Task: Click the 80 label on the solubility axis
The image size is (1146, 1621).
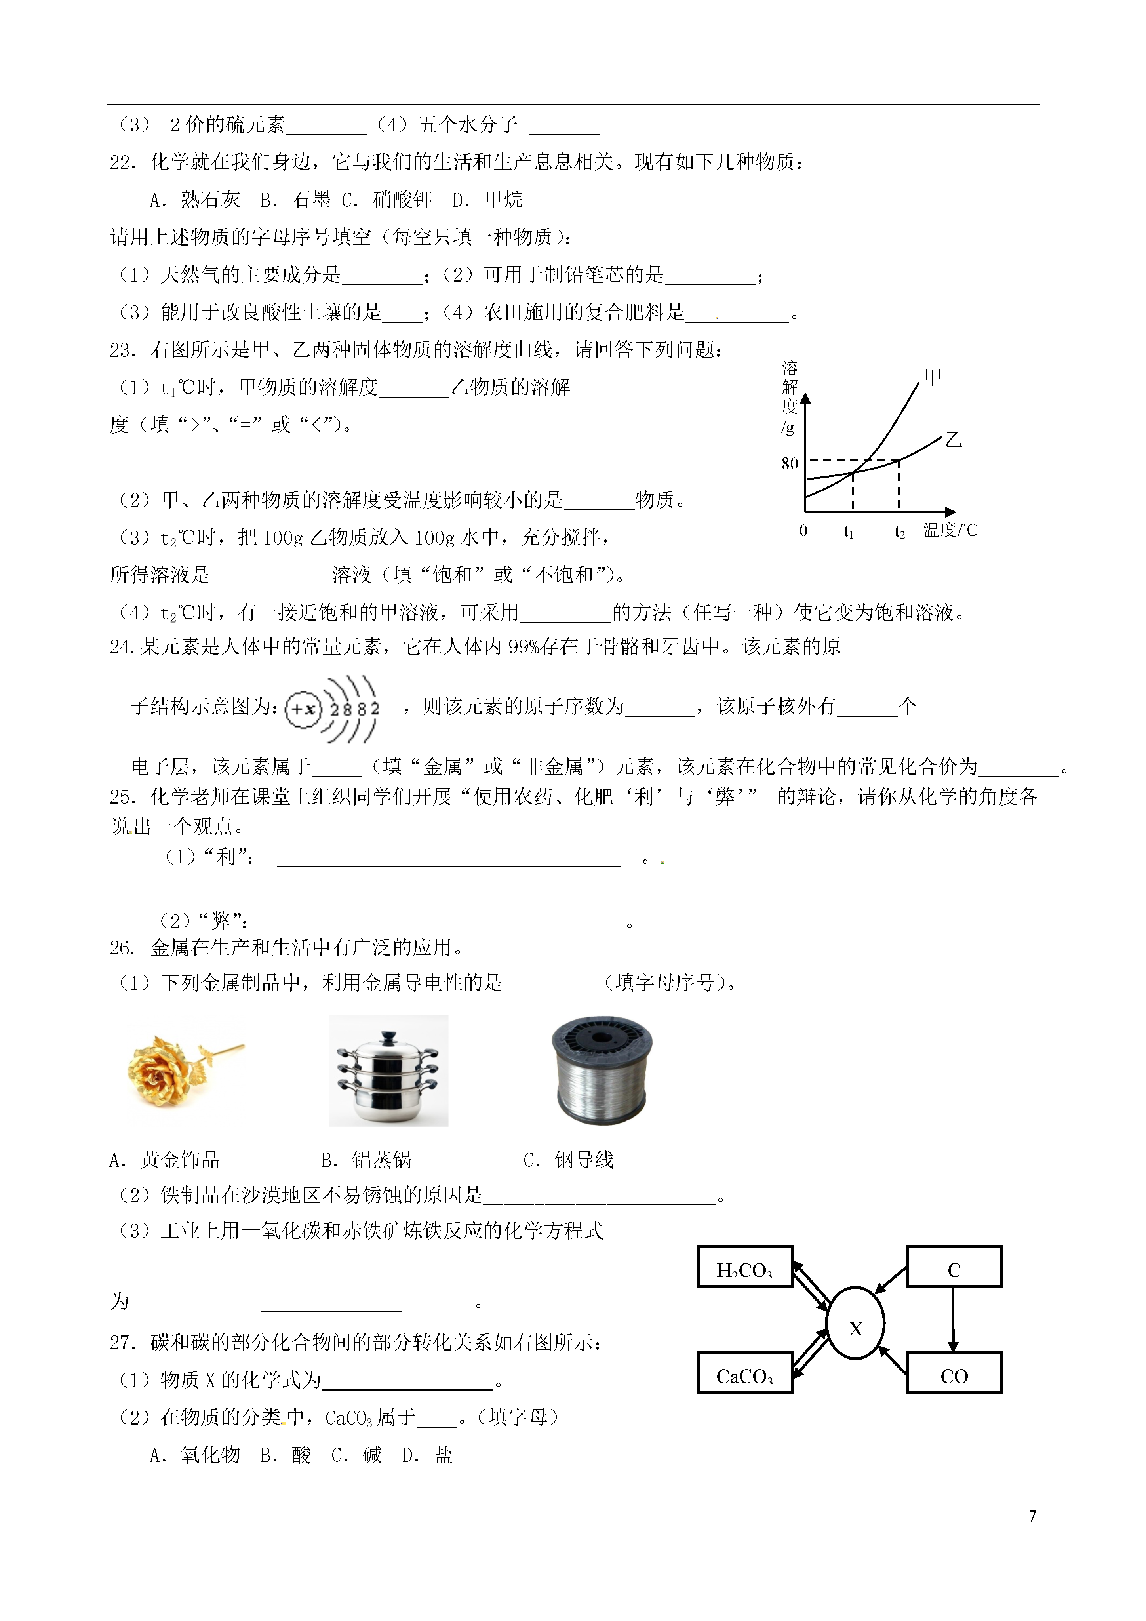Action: click(790, 463)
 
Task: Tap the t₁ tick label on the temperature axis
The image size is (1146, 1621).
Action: click(849, 531)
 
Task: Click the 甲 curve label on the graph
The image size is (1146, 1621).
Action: click(933, 376)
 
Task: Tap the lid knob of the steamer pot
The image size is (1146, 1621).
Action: click(388, 1037)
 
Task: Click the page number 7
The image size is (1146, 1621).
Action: click(1032, 1515)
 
